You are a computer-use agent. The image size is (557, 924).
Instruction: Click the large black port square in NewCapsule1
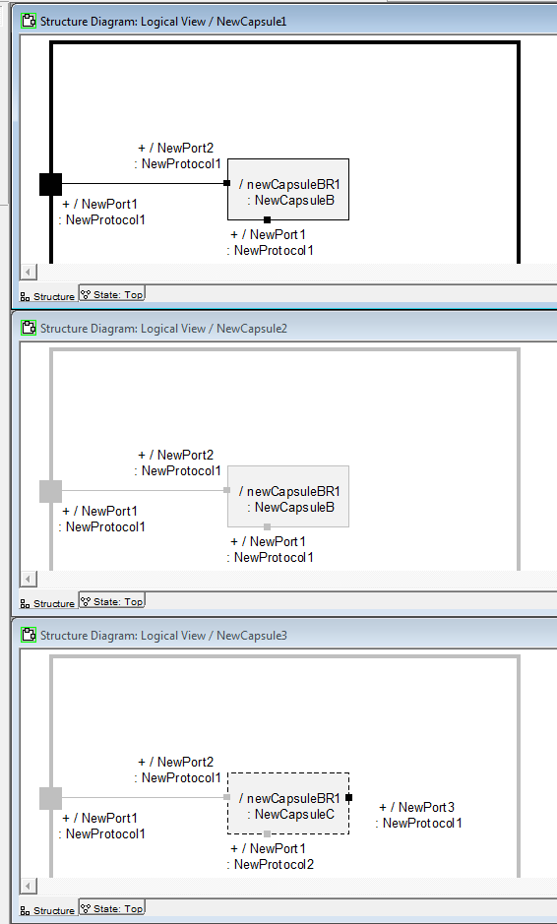point(50,184)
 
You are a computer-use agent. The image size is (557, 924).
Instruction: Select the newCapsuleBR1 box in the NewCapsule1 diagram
point(288,189)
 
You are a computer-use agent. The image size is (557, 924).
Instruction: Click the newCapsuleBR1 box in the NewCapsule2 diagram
point(288,496)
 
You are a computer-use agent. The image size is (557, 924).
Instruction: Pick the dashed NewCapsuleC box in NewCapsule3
point(288,803)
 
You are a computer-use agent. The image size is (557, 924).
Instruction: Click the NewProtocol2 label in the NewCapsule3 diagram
point(274,864)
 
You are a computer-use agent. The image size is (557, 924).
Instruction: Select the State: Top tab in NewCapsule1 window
point(112,294)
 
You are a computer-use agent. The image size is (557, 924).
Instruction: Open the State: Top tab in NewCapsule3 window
point(112,908)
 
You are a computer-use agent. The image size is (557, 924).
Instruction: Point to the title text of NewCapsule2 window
point(163,328)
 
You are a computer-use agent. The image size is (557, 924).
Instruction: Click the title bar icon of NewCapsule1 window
point(29,21)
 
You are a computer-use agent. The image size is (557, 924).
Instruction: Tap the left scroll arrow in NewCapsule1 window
point(29,272)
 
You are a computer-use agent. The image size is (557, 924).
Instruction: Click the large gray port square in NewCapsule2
point(50,491)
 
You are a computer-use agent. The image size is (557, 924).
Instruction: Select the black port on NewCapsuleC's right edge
point(349,797)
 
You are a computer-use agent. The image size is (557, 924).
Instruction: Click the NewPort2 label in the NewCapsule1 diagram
point(177,149)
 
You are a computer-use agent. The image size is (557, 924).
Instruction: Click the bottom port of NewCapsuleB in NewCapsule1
point(267,219)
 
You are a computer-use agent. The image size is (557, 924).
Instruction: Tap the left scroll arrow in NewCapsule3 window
point(29,886)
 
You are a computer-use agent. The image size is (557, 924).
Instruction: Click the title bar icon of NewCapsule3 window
point(29,635)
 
